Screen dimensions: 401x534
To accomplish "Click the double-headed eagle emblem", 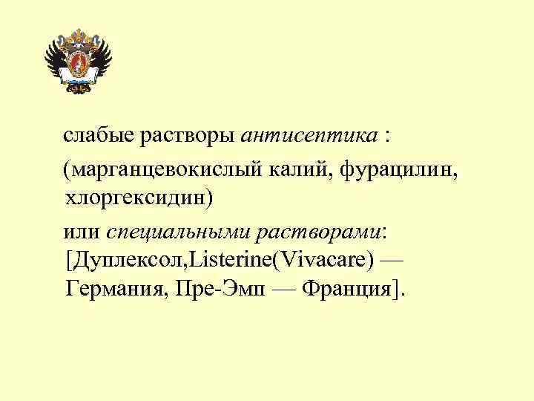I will tap(77, 62).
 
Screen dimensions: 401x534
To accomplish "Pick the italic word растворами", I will tap(318, 232).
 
